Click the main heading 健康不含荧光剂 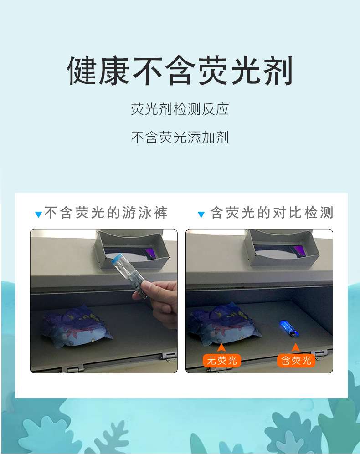pyautogui.click(x=180, y=71)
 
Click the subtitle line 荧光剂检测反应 pyautogui.click(x=180, y=109)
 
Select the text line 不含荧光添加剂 pyautogui.click(x=180, y=137)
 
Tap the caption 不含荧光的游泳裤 pyautogui.click(x=106, y=213)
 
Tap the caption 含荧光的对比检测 pyautogui.click(x=272, y=213)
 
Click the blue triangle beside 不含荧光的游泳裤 pyautogui.click(x=39, y=214)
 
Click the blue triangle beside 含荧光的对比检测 pyautogui.click(x=201, y=214)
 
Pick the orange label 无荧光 pyautogui.click(x=222, y=361)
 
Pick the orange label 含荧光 pyautogui.click(x=296, y=361)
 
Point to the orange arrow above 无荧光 pyautogui.click(x=222, y=348)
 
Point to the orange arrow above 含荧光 pyautogui.click(x=296, y=348)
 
